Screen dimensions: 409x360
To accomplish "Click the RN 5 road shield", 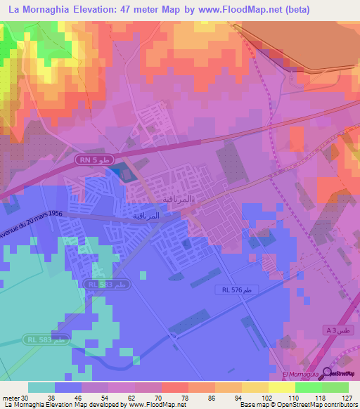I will click(x=94, y=161).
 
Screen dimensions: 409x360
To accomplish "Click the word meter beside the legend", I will click(x=10, y=398).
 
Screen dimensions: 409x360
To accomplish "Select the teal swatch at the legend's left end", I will click(x=41, y=387).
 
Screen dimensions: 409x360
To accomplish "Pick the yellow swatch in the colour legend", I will click(x=282, y=387).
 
